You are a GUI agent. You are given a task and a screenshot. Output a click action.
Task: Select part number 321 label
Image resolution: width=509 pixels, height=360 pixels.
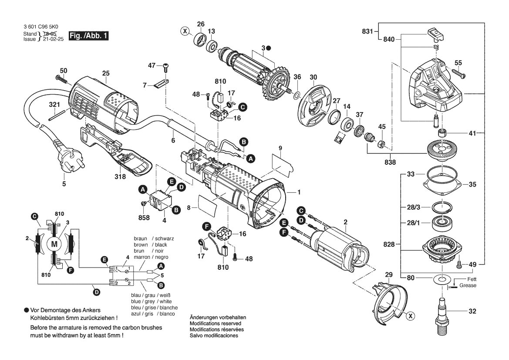point(54,105)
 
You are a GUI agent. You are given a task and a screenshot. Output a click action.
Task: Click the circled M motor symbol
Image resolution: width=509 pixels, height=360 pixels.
point(54,244)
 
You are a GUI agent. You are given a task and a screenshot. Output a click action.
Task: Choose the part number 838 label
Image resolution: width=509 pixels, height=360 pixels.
point(390,162)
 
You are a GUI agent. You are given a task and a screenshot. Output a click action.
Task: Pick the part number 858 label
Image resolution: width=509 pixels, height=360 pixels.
point(144,217)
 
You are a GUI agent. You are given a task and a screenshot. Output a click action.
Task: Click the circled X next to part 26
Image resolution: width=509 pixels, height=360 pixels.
point(185,31)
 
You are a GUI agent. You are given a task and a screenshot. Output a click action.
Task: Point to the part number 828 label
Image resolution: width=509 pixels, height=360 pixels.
point(390,245)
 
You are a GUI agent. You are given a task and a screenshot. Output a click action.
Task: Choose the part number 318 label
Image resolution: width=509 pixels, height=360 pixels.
point(120,177)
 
